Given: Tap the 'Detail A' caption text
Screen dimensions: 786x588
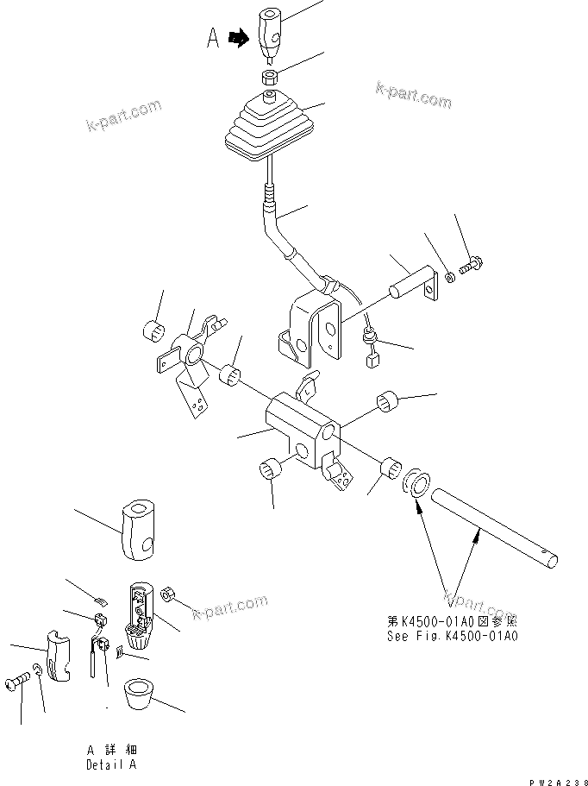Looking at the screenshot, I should click(x=110, y=764).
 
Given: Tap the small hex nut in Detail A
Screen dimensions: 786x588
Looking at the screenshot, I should click(x=170, y=594).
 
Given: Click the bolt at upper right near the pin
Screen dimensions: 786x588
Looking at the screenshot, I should click(x=471, y=268).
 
